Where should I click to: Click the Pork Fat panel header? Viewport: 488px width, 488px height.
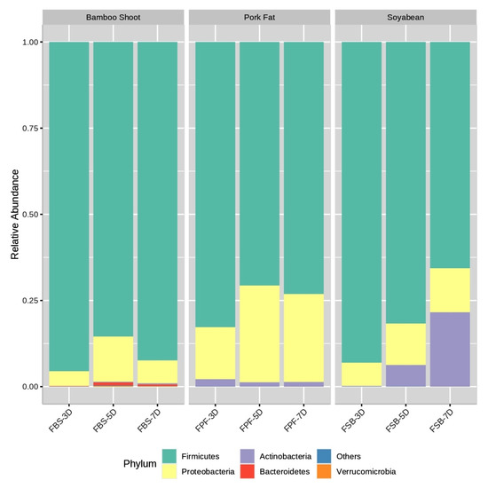coord(259,17)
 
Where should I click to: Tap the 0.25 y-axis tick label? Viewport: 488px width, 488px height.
coord(26,301)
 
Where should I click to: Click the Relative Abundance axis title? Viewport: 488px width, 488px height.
coord(14,215)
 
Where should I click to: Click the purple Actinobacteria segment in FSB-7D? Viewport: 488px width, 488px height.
coord(450,349)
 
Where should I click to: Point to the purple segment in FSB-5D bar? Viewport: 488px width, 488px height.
coord(405,375)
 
